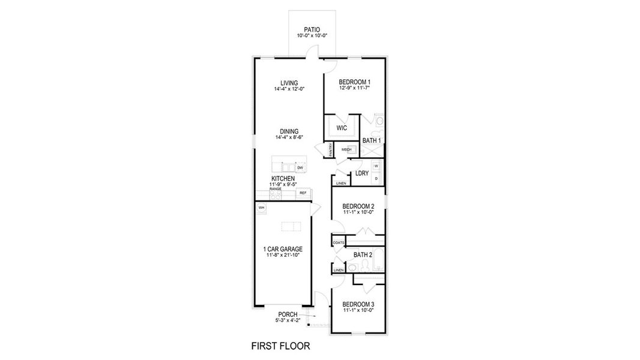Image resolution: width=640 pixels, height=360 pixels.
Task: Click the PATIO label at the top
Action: tap(311, 29)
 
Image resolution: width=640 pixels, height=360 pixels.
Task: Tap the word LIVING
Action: tap(289, 83)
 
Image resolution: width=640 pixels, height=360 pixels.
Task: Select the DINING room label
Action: tap(289, 131)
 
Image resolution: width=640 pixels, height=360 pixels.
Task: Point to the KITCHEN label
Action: tap(283, 179)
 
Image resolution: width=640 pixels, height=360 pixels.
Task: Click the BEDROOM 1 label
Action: tap(354, 82)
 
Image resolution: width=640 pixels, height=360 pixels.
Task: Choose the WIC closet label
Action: tap(342, 128)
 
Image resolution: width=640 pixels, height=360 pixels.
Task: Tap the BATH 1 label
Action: tap(372, 140)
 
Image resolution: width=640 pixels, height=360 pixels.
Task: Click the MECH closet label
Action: tap(346, 149)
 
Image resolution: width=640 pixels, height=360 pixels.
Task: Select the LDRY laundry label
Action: tap(361, 173)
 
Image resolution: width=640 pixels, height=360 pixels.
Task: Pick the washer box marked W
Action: tap(376, 166)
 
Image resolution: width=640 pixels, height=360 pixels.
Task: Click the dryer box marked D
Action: tap(376, 178)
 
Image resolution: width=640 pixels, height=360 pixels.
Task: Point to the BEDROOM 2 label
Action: tap(358, 206)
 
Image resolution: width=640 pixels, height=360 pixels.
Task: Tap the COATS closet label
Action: tap(339, 242)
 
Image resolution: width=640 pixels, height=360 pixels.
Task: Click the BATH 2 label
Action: tap(363, 255)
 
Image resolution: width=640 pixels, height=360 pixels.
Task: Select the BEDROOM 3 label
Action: tap(358, 304)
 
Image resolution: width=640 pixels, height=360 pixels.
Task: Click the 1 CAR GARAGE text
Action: tap(282, 249)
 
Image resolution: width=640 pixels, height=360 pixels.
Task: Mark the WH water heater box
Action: tap(261, 208)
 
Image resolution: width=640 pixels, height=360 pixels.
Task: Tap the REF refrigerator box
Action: tap(303, 193)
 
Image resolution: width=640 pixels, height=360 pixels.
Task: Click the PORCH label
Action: tap(288, 314)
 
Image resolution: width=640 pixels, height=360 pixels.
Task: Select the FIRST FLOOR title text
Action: tap(280, 346)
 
